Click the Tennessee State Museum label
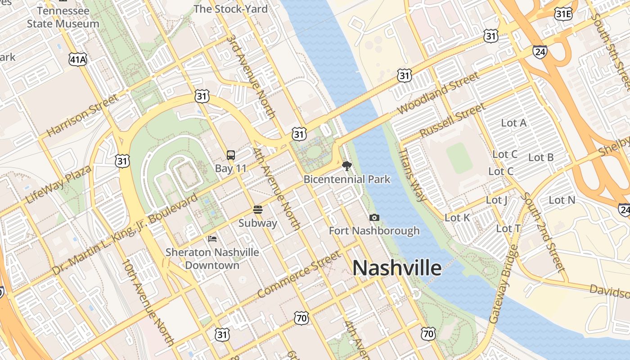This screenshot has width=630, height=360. [63, 17]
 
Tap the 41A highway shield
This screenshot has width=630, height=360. [77, 58]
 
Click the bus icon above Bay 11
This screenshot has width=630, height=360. [231, 155]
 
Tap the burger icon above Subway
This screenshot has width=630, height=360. [258, 210]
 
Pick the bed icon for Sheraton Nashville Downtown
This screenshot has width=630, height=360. [212, 238]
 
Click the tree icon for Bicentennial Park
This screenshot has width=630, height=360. [346, 166]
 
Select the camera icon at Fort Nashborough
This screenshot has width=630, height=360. [374, 218]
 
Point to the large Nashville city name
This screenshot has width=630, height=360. [397, 268]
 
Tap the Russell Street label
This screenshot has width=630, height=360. [452, 120]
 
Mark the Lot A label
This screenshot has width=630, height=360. [513, 123]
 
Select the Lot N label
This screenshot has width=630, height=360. [562, 200]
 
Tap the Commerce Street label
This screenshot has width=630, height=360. [299, 274]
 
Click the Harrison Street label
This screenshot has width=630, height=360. [82, 116]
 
